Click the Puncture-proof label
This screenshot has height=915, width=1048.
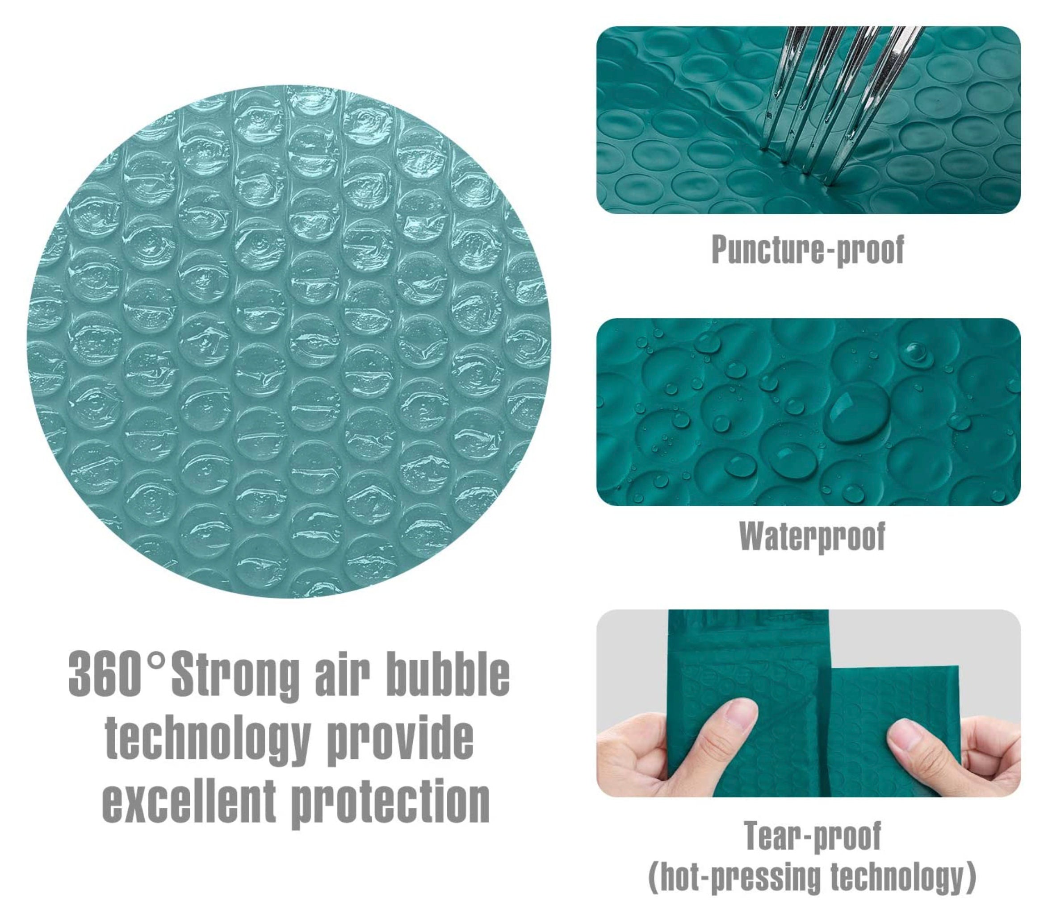click(808, 250)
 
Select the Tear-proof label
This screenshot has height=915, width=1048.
click(813, 836)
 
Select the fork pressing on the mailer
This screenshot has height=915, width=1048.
click(838, 97)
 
